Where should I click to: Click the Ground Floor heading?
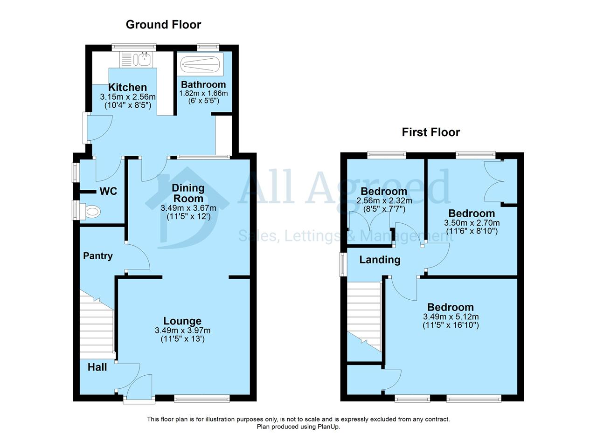coord(163,25)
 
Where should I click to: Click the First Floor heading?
coord(430,132)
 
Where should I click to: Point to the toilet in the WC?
coord(90,212)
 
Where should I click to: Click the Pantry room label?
coord(98,256)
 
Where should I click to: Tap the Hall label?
coord(97,367)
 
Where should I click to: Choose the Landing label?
coord(380,260)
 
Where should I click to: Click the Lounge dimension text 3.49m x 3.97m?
coord(182,331)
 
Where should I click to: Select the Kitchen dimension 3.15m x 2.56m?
coord(128,96)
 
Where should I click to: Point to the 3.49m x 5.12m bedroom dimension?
coord(451,317)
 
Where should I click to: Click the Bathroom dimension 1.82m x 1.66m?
coord(203,93)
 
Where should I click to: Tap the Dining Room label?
coord(188,193)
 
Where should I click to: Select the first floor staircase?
coord(364,317)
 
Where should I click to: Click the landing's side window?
coord(342,264)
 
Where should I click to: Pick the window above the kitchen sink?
coord(134,47)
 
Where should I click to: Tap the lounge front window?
coord(202,399)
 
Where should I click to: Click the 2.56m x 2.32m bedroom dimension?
coord(384,200)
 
